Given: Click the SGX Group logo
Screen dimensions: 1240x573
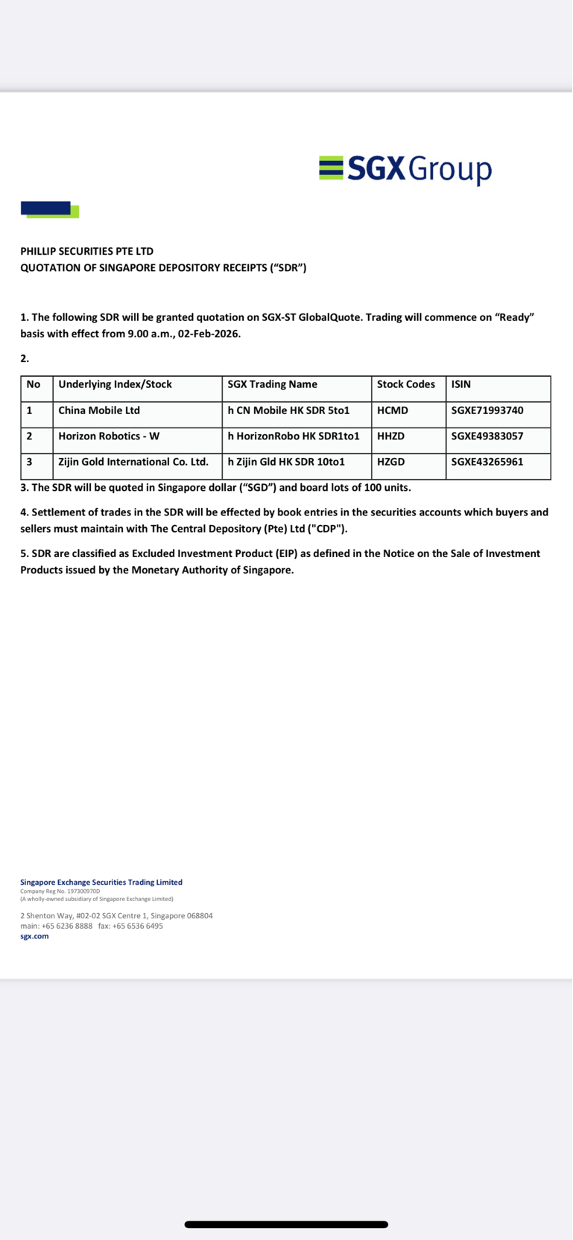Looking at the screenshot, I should [x=405, y=169].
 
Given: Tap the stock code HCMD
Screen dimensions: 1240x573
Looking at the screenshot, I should [x=393, y=410].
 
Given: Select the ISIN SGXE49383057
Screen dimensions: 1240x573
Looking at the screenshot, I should [x=487, y=436].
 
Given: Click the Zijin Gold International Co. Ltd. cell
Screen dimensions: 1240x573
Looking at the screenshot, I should [x=133, y=462].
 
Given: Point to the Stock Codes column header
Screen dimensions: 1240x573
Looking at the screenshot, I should [x=406, y=384].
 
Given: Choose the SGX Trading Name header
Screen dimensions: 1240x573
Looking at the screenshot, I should [x=273, y=384].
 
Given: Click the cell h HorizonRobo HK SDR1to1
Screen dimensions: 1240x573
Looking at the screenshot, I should [x=294, y=436].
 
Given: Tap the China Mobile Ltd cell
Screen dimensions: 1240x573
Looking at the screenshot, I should [x=99, y=410].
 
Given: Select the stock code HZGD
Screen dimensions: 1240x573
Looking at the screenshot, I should [x=391, y=462].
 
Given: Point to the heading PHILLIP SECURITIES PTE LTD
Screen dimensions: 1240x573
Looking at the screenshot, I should [x=87, y=252].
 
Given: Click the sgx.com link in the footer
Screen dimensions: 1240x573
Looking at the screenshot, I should [x=34, y=936].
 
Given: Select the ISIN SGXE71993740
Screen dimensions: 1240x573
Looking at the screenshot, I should [x=487, y=410].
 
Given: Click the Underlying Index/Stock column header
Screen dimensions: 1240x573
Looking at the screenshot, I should [x=115, y=384].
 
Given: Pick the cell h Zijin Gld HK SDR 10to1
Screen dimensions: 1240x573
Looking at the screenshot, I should [x=286, y=462].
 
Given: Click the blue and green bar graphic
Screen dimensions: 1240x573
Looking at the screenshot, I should [x=49, y=210].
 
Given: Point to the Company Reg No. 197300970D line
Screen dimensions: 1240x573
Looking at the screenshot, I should [x=60, y=891].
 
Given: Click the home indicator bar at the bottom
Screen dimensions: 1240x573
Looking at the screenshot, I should [x=286, y=1224].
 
